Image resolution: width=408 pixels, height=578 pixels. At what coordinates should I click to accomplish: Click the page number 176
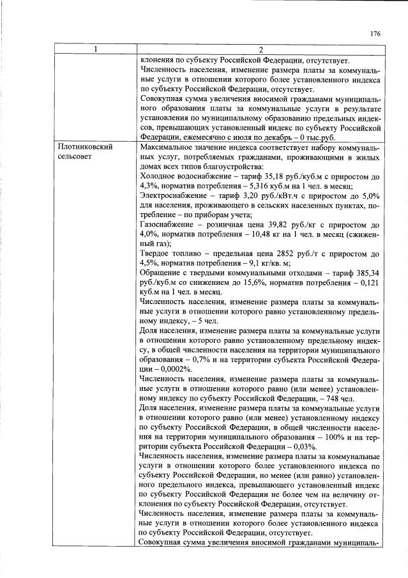pos(375,34)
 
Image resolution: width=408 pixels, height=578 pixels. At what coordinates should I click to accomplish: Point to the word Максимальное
pos(167,146)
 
